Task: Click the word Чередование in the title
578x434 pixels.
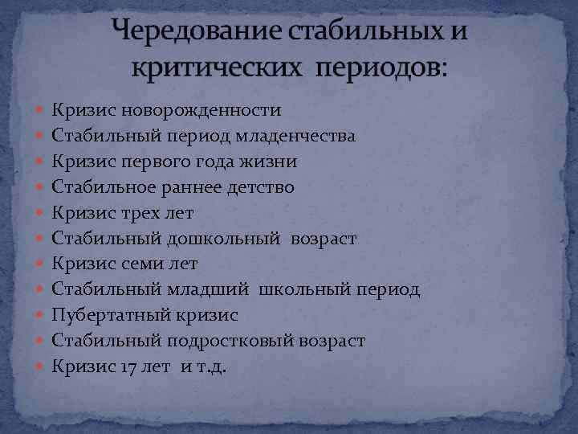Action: coord(189,34)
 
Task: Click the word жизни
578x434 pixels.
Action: coord(272,162)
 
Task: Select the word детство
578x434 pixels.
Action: coord(258,187)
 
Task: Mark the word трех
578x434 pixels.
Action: coord(132,213)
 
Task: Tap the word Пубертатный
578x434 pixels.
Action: coord(106,316)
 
